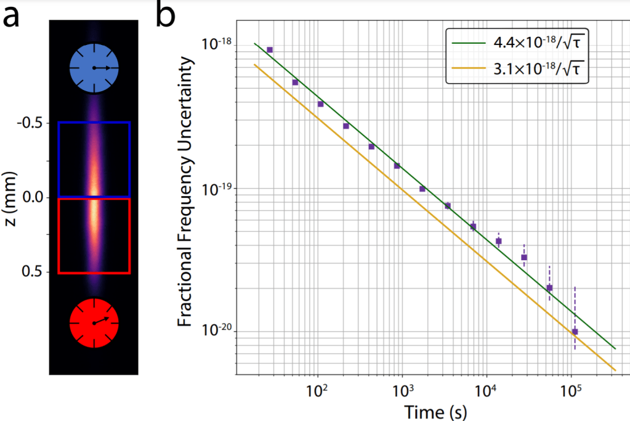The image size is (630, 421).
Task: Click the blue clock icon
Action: pyautogui.click(x=94, y=67)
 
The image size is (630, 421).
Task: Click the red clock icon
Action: pyautogui.click(x=94, y=323)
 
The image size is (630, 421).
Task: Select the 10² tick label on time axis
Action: pyautogui.click(x=318, y=391)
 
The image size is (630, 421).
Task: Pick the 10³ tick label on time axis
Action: pyautogui.click(x=403, y=391)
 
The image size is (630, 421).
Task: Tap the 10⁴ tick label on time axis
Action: pyautogui.click(x=487, y=391)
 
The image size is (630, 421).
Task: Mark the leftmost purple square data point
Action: pyautogui.click(x=269, y=50)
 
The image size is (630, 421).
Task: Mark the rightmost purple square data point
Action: pyautogui.click(x=575, y=332)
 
